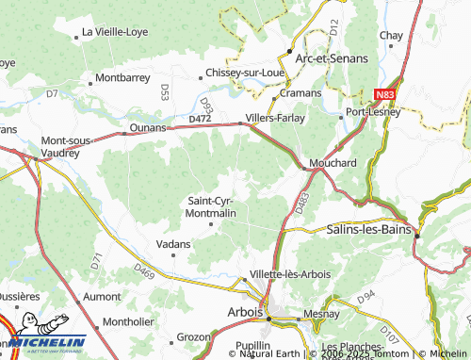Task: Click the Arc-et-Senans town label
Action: coord(331,58)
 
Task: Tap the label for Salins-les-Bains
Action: coord(371,229)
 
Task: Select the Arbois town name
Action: coord(246,313)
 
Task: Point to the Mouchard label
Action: coord(333,163)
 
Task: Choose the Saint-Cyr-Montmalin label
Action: coord(212,207)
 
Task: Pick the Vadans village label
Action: coord(173,244)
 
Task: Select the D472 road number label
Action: coord(200,119)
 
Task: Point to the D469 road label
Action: coord(144,272)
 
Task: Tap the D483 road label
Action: coord(301,203)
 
